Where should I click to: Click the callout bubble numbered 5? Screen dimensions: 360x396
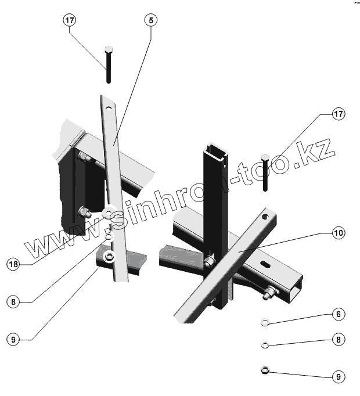[151, 20]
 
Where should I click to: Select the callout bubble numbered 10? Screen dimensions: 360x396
[339, 233]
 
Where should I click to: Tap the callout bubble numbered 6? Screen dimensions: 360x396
[339, 314]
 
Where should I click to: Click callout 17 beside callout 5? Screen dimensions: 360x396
[70, 20]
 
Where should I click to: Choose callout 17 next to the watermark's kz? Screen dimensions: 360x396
[339, 114]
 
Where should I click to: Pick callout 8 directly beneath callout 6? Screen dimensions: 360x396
[339, 339]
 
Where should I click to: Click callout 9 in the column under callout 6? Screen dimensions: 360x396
[339, 376]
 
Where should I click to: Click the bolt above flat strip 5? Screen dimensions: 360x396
[109, 64]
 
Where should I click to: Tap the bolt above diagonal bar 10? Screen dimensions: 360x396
[265, 172]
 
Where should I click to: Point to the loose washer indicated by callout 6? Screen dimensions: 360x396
[264, 321]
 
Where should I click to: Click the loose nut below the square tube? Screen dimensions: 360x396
[264, 369]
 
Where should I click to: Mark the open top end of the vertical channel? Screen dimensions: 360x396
[214, 152]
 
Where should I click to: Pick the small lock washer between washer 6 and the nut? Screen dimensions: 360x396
[264, 345]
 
